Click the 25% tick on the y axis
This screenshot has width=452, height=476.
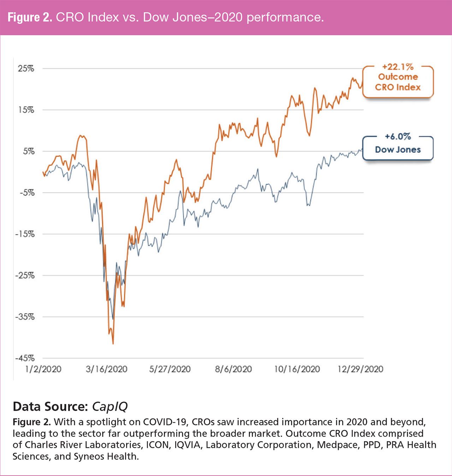coord(26,69)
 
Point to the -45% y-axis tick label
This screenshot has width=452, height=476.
coord(25,358)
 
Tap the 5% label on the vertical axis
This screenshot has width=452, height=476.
coord(29,151)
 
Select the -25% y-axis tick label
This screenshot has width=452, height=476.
coord(25,275)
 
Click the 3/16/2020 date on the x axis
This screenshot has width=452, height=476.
coord(106,369)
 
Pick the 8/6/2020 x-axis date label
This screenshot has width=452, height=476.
coord(233,369)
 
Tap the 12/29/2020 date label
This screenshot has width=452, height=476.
coord(360,369)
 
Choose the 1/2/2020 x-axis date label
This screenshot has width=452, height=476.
coord(43,369)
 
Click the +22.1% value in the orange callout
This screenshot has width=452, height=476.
coord(398,67)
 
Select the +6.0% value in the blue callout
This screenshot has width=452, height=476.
coord(398,137)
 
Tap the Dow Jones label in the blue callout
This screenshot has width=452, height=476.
coord(398,150)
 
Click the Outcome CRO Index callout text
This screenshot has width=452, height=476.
coord(398,82)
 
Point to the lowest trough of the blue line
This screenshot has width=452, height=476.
coord(113,319)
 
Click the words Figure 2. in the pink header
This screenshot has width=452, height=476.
coord(30,17)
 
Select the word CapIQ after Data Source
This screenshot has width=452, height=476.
coord(109,406)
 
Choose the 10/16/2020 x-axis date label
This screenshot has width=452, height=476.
coord(297,369)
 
